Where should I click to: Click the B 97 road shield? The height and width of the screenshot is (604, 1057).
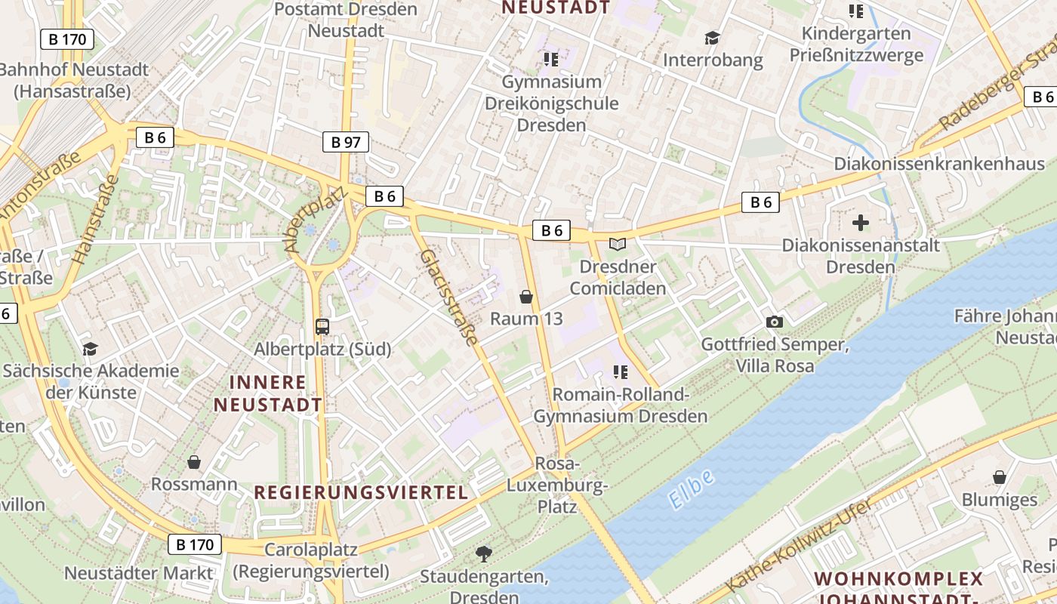[x=347, y=141]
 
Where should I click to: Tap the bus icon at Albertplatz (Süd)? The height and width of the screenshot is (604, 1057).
[x=322, y=326]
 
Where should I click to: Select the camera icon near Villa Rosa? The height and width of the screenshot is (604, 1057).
[x=774, y=322]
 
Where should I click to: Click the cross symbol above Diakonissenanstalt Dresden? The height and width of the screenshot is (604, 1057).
[x=860, y=223]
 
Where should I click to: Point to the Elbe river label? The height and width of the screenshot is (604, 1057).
[x=691, y=488]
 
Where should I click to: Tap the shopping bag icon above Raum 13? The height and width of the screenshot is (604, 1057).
[x=526, y=297]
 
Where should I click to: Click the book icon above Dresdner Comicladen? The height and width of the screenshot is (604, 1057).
[x=618, y=245]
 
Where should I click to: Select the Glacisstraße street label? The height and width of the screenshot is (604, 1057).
[x=450, y=297]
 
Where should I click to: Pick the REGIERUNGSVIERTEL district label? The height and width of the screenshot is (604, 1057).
[x=361, y=492]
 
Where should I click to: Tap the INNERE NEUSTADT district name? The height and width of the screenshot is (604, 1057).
[x=268, y=393]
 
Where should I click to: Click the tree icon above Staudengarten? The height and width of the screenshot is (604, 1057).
[x=483, y=555]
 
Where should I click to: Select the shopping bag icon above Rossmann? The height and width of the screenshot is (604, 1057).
[x=194, y=461]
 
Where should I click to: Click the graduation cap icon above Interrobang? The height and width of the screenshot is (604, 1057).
[x=712, y=38]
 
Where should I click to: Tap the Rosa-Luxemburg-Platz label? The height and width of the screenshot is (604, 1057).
[x=557, y=484]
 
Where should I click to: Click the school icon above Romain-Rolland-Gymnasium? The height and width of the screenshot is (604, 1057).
[x=621, y=371]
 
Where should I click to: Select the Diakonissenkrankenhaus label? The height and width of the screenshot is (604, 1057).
[x=939, y=164]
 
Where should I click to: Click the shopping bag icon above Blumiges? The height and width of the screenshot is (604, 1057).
[x=1000, y=477]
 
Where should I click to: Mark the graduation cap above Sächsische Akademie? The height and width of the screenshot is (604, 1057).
[x=91, y=349]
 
